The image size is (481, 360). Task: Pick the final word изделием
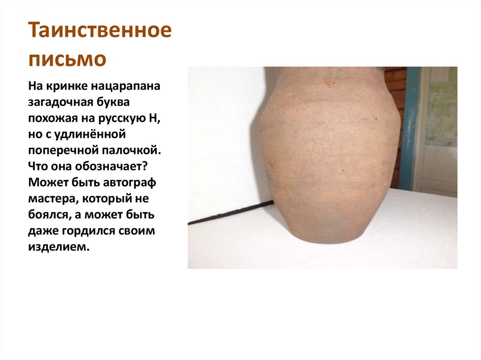(58, 247)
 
